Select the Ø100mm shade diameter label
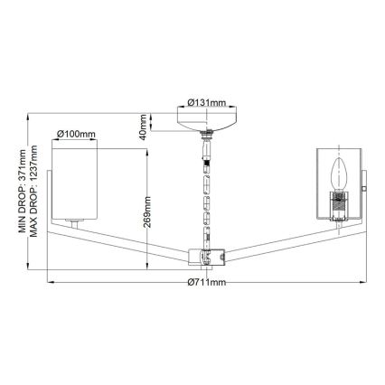[x=77, y=134]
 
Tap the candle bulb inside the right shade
[x=341, y=172]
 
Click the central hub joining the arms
[x=207, y=258]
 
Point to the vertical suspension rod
[x=208, y=194]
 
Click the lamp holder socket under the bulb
[x=341, y=204]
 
